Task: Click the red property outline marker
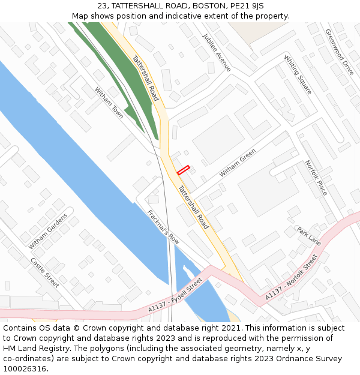[183, 170]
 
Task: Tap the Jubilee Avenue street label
[217, 53]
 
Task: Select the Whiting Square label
[298, 75]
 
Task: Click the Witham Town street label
[109, 103]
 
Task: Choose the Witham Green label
[238, 163]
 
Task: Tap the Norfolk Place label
[316, 178]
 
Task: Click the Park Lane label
[309, 235]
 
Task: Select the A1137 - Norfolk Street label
[291, 278]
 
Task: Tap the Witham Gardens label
[48, 231]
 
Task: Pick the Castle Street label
[45, 272]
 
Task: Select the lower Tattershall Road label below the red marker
[193, 207]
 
